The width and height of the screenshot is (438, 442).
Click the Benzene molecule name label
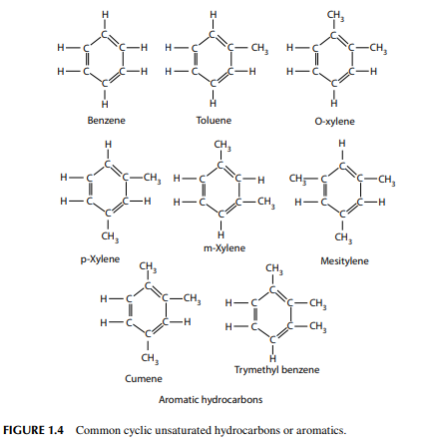pos(106,120)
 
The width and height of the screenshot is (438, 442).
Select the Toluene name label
pos(214,120)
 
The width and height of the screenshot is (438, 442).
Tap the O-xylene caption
pos(334,121)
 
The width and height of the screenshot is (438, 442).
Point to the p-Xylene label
pos(100,258)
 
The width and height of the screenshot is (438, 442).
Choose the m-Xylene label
pos(224,247)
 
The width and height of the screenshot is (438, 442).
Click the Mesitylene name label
pos(344,261)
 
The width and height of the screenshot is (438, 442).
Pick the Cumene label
pos(144,378)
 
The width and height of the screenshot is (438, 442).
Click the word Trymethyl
pos(255,370)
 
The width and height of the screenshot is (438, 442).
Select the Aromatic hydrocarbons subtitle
pos(211,399)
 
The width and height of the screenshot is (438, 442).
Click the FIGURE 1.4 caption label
pos(33,430)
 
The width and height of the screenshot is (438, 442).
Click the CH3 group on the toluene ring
pos(259,49)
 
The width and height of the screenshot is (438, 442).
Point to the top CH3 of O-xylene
pos(335,15)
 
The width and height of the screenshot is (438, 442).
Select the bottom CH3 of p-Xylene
pos(110,236)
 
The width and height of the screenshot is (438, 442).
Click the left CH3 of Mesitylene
pos(297,179)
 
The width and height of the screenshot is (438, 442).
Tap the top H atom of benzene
pos(105,15)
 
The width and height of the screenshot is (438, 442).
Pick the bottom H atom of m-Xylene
pos(220,235)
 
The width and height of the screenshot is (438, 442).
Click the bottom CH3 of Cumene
pos(150,358)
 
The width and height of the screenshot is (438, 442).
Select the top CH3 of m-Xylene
pos(222,146)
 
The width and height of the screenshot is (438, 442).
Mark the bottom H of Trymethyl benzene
pos(273,358)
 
